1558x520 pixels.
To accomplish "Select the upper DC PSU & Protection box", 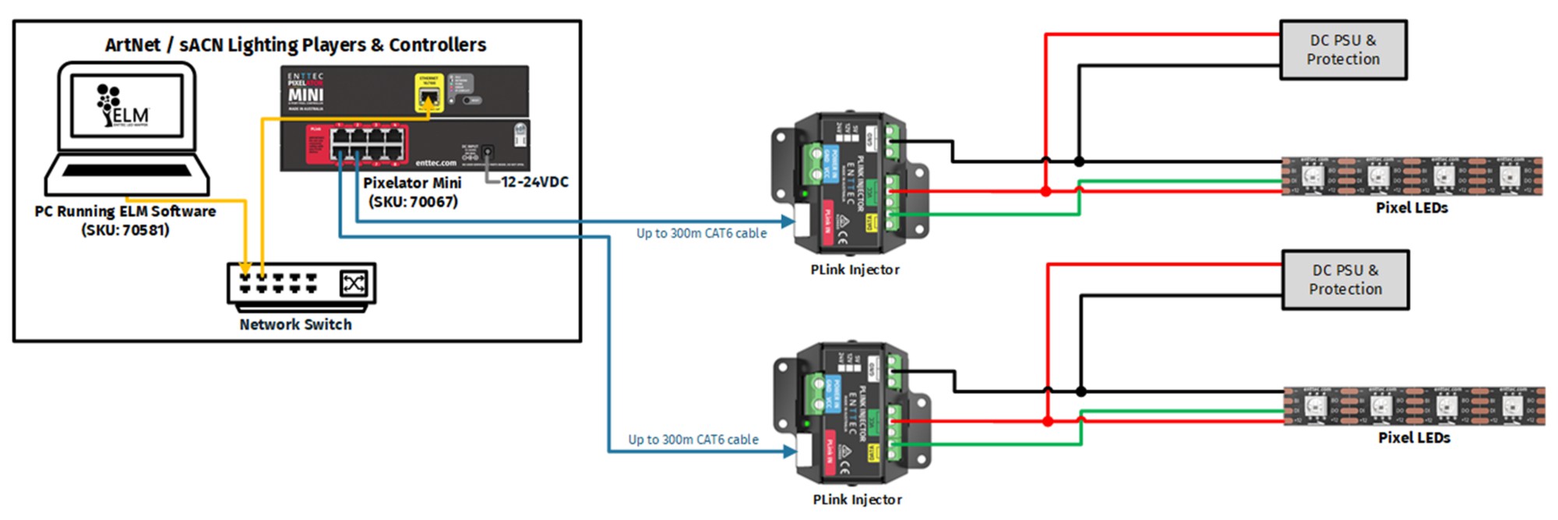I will click(1343, 50).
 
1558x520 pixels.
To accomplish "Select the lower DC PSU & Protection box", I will click(1345, 280).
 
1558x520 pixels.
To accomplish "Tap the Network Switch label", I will click(295, 324).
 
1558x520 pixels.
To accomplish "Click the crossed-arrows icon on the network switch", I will click(354, 283).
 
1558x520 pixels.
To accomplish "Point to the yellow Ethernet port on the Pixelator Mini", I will click(428, 96).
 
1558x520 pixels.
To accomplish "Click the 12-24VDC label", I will click(534, 182).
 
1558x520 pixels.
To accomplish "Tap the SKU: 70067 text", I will click(413, 201).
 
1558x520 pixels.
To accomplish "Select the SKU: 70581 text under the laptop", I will click(125, 230).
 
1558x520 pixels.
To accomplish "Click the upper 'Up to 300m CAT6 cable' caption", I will click(701, 233).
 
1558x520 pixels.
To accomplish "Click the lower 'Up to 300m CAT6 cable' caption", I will click(693, 440).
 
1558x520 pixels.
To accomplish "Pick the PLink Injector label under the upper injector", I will click(855, 270).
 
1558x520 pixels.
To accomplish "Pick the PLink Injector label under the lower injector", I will click(857, 500).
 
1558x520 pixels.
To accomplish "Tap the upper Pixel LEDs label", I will click(1412, 208).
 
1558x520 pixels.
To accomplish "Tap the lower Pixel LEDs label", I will click(1414, 438).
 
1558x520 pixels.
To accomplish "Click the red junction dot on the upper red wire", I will click(1045, 191).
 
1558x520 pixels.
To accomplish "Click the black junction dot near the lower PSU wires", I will click(1081, 391).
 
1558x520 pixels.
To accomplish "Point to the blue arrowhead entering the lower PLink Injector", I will click(790, 451).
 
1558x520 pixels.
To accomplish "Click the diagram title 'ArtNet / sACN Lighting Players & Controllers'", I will click(295, 45).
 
